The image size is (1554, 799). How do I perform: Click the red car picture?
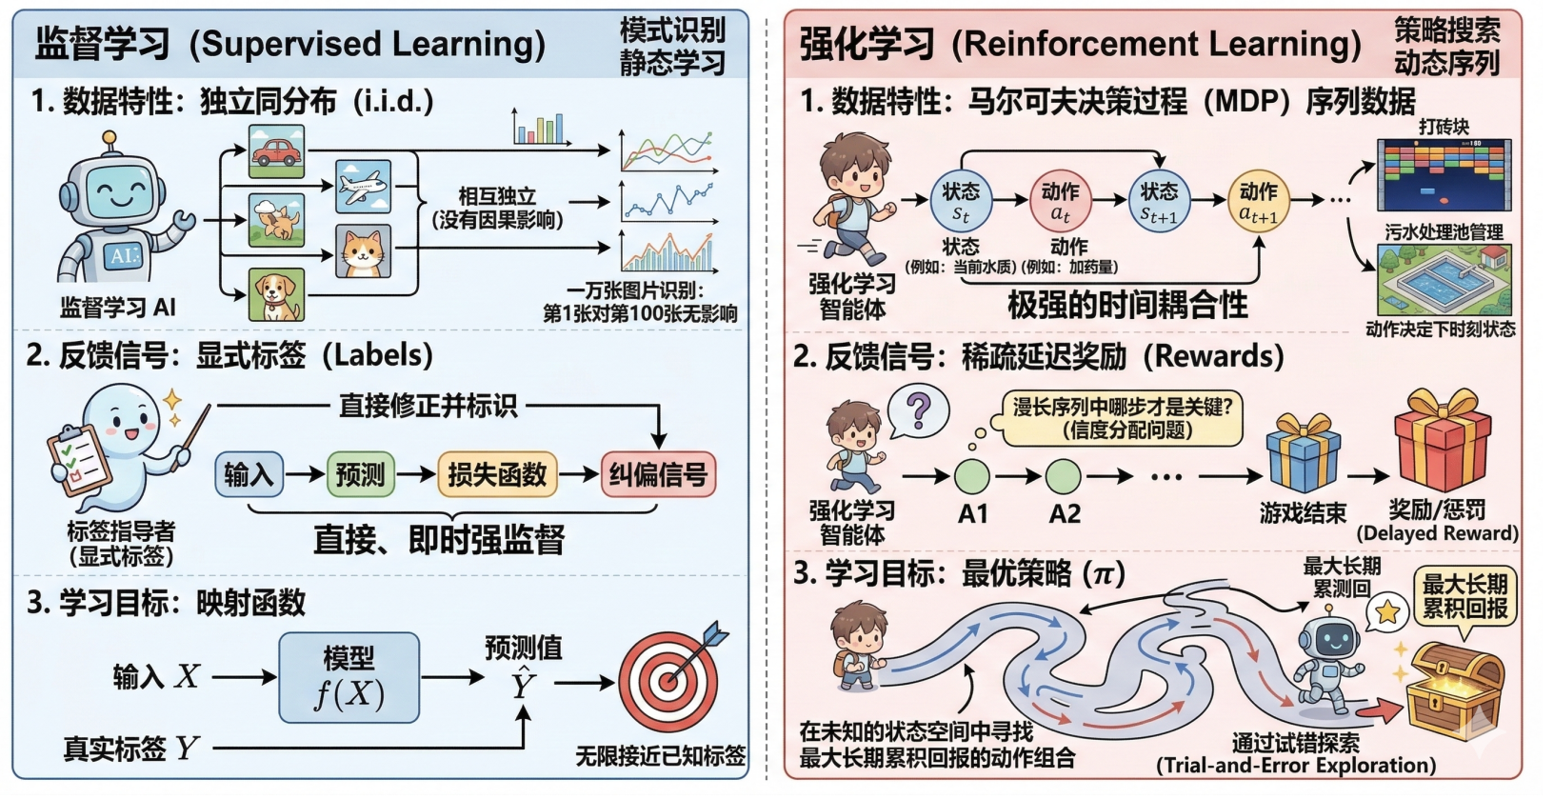click(x=277, y=150)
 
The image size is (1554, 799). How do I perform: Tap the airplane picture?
click(x=363, y=186)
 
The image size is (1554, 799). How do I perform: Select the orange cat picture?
click(x=363, y=251)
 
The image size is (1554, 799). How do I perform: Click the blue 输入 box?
click(x=249, y=474)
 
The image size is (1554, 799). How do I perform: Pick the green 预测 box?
click(x=360, y=474)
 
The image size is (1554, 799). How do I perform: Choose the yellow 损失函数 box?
click(x=497, y=474)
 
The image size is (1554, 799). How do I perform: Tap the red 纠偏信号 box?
click(x=658, y=474)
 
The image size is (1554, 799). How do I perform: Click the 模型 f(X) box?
click(x=349, y=677)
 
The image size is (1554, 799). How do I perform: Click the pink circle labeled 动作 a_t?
click(x=1060, y=201)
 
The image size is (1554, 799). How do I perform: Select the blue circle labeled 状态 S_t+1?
click(x=1159, y=201)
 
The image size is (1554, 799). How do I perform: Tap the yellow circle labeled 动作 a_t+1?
click(x=1258, y=201)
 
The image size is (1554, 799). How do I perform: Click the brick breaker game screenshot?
click(x=1444, y=174)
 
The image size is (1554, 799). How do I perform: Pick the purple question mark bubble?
click(x=918, y=410)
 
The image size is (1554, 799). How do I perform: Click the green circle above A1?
click(x=972, y=475)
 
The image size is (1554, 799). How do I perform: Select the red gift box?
click(x=1443, y=443)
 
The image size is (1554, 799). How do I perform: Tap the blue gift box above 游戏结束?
click(x=1303, y=454)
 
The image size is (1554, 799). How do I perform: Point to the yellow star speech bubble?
click(x=1388, y=611)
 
